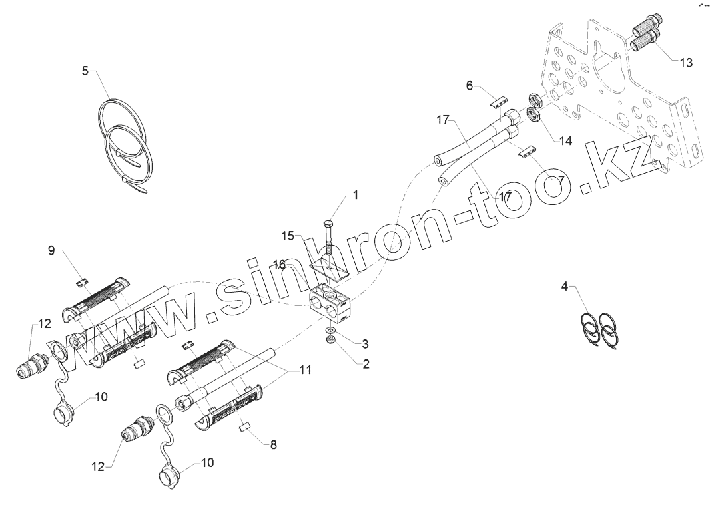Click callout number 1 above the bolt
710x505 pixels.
tap(356, 195)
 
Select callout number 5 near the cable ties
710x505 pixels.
tap(85, 70)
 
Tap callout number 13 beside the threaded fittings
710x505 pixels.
tap(686, 62)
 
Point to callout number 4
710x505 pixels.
tap(565, 287)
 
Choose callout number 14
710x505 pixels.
tap(566, 141)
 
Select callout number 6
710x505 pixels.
tap(469, 86)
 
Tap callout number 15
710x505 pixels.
tap(287, 236)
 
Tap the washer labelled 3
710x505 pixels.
tap(330, 330)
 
